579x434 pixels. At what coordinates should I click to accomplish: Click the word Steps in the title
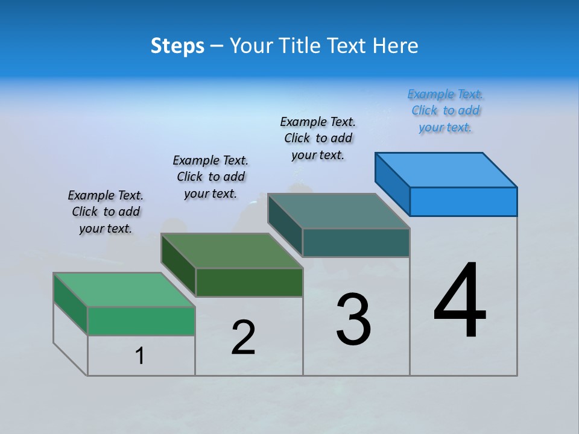pyautogui.click(x=177, y=46)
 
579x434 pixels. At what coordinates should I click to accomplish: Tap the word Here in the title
pyautogui.click(x=395, y=46)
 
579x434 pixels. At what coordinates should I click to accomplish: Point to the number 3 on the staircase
pyautogui.click(x=353, y=319)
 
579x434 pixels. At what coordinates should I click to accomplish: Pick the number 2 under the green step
pyautogui.click(x=243, y=337)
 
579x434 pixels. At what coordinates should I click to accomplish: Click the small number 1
pyautogui.click(x=140, y=356)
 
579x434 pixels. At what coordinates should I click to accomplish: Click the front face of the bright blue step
pyautogui.click(x=463, y=201)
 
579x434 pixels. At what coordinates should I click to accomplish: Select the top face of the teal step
pyautogui.click(x=338, y=211)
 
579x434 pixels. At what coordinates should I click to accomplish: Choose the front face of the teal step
pyautogui.click(x=356, y=242)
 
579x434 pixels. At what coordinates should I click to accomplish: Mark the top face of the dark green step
pyautogui.click(x=232, y=251)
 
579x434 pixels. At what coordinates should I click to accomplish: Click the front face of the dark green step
pyautogui.click(x=249, y=282)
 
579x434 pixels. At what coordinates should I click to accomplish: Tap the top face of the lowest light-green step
pyautogui.click(x=124, y=290)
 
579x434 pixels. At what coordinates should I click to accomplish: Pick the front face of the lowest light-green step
pyautogui.click(x=141, y=321)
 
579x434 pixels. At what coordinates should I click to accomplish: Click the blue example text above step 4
pyautogui.click(x=445, y=111)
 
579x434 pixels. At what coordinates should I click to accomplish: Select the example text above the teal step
pyautogui.click(x=318, y=138)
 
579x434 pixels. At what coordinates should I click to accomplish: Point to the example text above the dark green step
pyautogui.click(x=210, y=177)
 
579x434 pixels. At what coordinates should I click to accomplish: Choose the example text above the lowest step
pyautogui.click(x=106, y=212)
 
